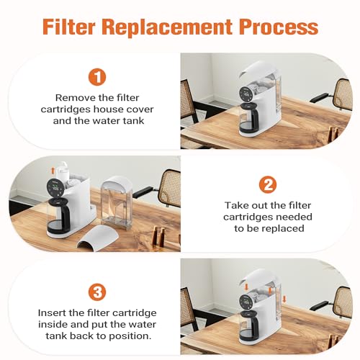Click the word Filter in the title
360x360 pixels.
(69, 27)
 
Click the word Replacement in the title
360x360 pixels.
(167, 28)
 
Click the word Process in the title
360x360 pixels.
(278, 27)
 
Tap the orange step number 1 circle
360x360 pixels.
(97, 77)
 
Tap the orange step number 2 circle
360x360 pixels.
(268, 184)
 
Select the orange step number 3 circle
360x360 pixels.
(97, 292)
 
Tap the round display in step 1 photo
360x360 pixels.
(247, 94)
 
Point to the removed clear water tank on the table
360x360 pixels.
(117, 203)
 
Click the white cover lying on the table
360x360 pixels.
(98, 238)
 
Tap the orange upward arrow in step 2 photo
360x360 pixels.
(53, 171)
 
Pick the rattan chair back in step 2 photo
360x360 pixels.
(169, 189)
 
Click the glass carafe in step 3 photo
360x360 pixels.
(249, 325)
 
